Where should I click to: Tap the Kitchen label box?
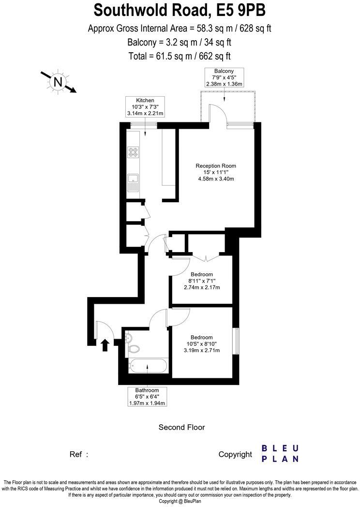145,107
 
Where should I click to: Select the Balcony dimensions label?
224,77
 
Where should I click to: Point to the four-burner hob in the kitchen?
133,153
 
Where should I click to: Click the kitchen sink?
133,184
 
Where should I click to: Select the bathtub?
148,366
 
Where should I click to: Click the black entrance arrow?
105,345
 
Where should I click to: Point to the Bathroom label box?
147,397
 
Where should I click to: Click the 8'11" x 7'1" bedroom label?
202,280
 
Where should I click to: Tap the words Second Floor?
182,427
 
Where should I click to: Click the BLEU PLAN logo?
280,453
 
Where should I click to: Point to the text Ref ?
79,454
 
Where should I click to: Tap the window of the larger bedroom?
236,341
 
